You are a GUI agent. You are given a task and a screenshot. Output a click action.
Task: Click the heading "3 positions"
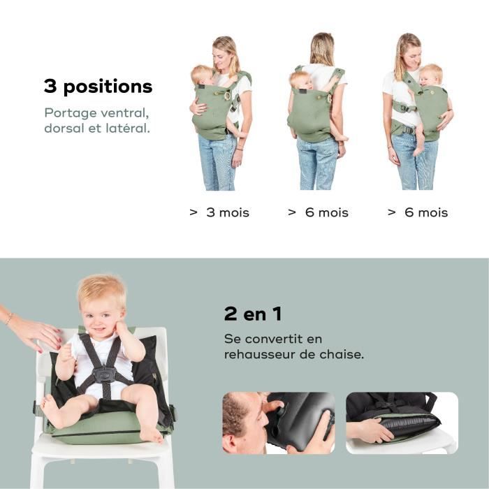98,87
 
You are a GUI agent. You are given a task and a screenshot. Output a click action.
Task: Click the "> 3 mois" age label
219,212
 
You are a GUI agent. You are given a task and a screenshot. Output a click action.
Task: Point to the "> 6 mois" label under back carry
318,212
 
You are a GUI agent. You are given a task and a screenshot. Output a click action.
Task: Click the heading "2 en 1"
253,314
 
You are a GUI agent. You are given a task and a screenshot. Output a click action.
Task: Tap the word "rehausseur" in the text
259,354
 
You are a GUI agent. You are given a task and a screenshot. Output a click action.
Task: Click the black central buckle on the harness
104,374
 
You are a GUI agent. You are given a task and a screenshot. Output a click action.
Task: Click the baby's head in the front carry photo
203,74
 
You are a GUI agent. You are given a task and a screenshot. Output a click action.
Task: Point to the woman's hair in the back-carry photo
322,49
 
